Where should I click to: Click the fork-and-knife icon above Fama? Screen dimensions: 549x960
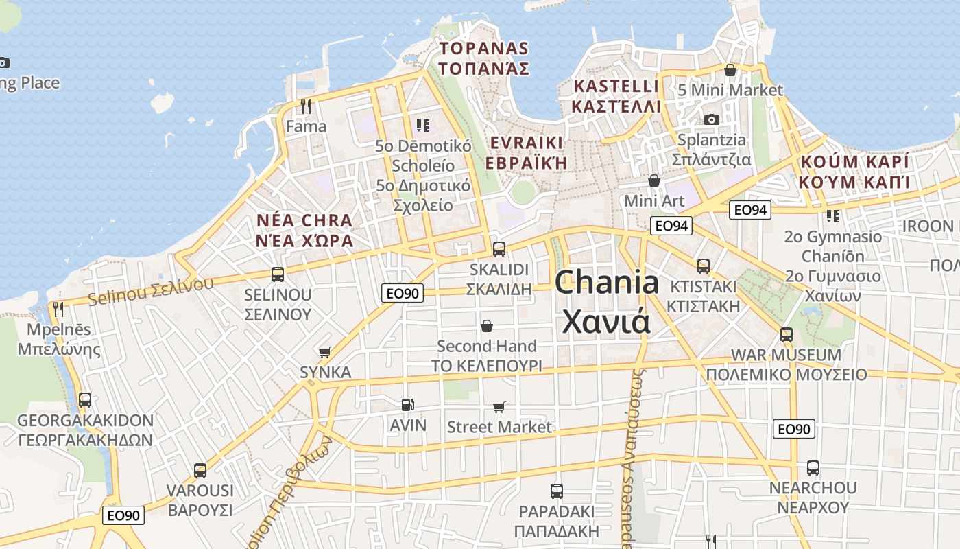click(306, 106)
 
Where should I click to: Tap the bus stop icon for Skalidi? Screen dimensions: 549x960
click(499, 248)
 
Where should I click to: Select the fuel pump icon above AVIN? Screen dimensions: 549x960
click(408, 405)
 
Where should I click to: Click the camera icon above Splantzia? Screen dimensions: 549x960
click(712, 119)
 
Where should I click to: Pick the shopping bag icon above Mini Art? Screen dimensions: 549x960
click(654, 180)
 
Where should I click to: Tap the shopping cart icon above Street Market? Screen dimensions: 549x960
click(499, 407)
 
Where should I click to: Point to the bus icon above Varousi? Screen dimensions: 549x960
click(200, 471)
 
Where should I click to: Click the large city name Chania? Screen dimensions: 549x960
click(607, 282)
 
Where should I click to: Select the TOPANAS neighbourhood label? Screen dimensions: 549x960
click(484, 49)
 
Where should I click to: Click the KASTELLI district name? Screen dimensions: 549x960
click(616, 86)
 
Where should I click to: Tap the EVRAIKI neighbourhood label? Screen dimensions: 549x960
click(527, 143)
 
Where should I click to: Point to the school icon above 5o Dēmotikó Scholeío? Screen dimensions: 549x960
click(422, 125)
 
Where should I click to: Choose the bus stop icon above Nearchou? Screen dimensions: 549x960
click(813, 468)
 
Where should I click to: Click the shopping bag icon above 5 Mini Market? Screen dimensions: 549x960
click(730, 70)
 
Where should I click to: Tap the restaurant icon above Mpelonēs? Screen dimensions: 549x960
click(58, 309)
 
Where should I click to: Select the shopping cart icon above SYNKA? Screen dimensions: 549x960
click(325, 352)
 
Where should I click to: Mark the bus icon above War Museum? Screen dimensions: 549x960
click(787, 335)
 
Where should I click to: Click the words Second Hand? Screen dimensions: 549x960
click(486, 346)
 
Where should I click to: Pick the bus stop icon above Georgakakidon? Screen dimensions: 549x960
click(85, 400)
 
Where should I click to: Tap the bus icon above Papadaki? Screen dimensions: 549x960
click(557, 491)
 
